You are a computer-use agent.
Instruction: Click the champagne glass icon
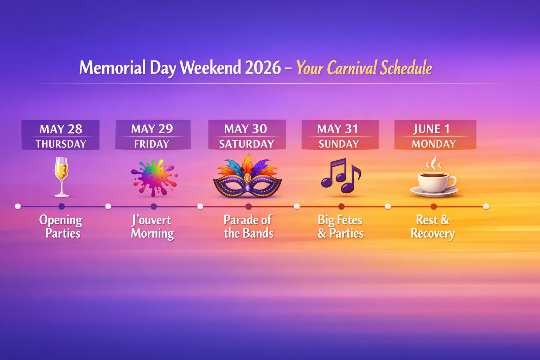click(x=62, y=177)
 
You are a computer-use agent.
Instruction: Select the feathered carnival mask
click(x=247, y=176)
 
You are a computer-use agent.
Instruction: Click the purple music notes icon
click(x=341, y=175)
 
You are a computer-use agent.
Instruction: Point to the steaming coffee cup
click(x=434, y=177)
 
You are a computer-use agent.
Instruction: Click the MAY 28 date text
click(x=61, y=129)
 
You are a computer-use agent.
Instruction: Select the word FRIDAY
click(x=152, y=144)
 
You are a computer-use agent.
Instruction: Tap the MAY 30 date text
click(x=246, y=129)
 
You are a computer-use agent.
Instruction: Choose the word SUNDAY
click(x=339, y=144)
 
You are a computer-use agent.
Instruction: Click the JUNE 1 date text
click(x=431, y=129)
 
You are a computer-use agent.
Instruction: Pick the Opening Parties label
click(x=61, y=227)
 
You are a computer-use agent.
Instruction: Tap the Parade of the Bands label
click(x=249, y=226)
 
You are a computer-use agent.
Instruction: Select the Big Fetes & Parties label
click(x=340, y=226)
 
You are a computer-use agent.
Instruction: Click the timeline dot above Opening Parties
click(x=62, y=206)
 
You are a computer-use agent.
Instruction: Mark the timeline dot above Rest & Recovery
click(x=434, y=206)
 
